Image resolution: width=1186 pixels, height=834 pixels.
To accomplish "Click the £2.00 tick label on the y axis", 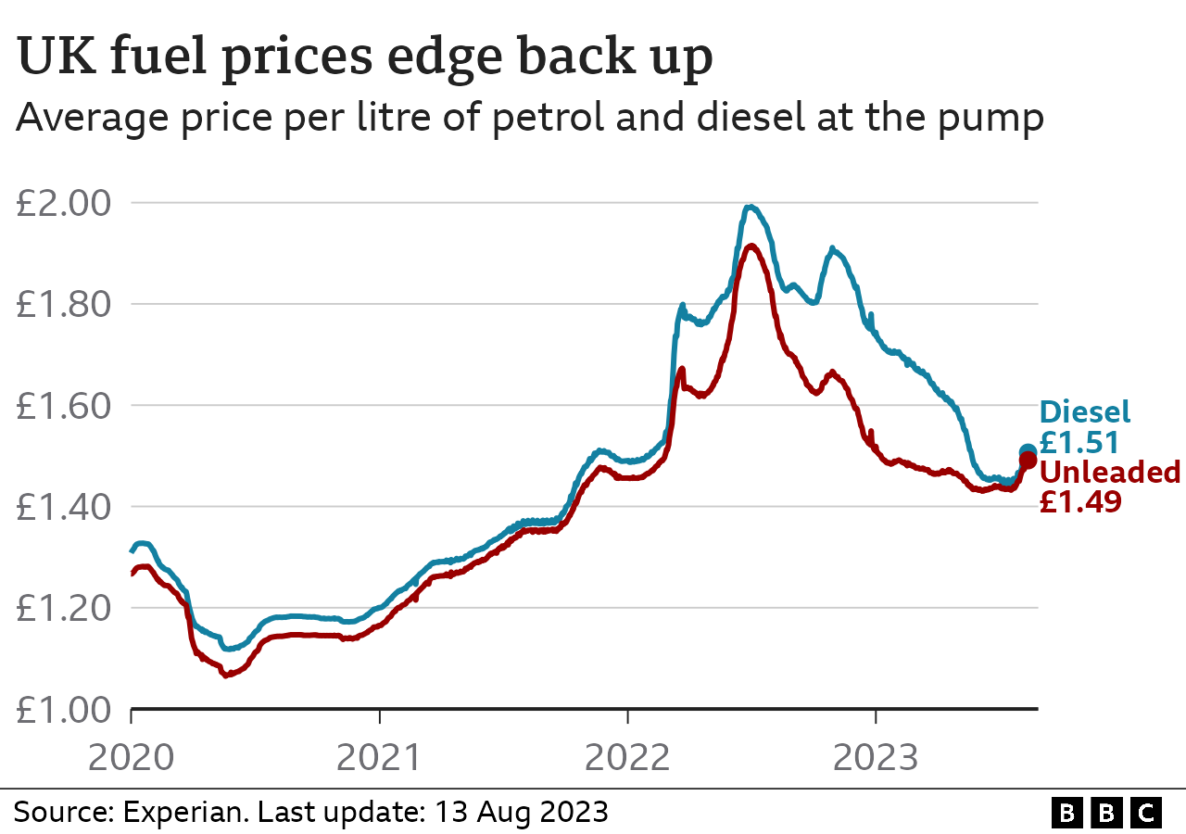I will click(62, 203).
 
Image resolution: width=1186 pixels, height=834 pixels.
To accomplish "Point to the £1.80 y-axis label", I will click(62, 304).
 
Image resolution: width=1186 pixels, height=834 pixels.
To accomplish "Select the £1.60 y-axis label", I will click(62, 405).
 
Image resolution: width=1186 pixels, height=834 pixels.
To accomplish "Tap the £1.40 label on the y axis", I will click(62, 507).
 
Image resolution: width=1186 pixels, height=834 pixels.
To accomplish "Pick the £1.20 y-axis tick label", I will click(62, 608).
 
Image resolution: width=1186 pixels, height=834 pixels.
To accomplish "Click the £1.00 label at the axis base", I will click(62, 709).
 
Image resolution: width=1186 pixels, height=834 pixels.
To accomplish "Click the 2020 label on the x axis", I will click(131, 757).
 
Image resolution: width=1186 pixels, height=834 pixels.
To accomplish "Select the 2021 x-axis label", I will click(379, 757).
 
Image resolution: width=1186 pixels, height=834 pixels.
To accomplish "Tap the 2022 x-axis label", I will click(627, 757).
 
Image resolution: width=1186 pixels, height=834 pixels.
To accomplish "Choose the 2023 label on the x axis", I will click(876, 757).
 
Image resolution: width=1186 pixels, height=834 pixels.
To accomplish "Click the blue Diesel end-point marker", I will click(1028, 452).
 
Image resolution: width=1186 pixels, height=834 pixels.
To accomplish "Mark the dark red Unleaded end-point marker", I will click(1028, 461).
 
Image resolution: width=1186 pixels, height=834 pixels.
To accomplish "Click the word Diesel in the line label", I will click(1085, 412).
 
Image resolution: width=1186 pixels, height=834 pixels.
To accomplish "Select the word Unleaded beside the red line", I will click(1110, 473).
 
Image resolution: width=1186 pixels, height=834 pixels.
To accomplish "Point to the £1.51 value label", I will click(1079, 442).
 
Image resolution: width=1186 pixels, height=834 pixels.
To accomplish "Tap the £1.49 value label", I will click(1079, 502).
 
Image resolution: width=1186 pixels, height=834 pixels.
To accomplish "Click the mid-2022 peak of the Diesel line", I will click(751, 207).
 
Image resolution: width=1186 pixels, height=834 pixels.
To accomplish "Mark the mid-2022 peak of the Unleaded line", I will click(751, 246).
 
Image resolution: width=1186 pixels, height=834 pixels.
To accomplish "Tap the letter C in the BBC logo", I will click(1147, 814).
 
